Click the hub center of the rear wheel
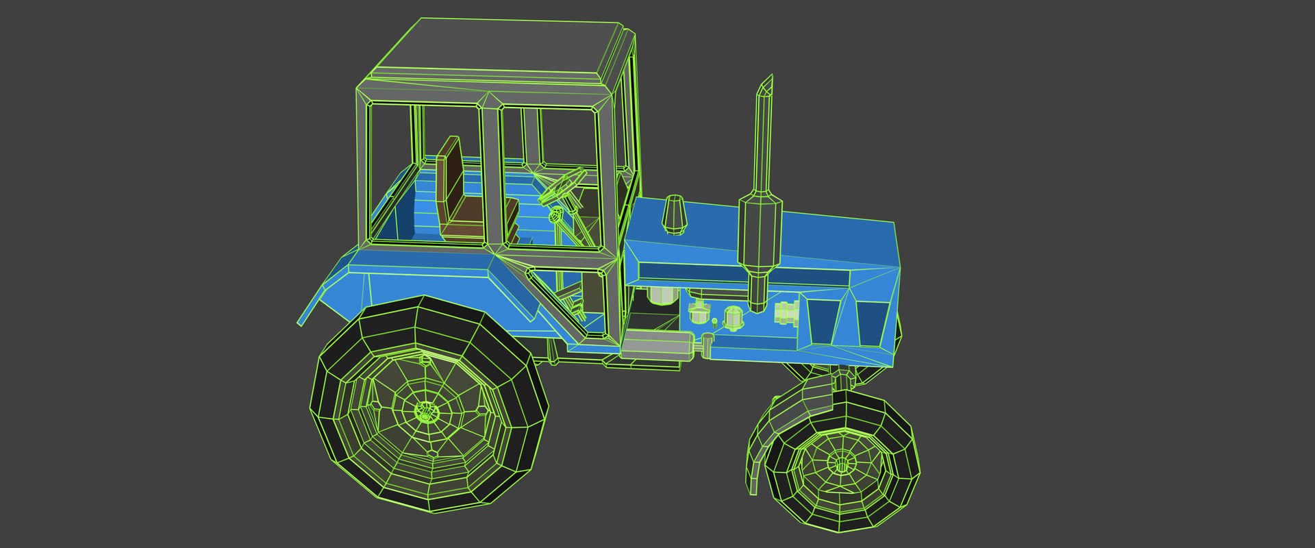[x=427, y=412]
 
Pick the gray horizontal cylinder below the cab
[x=656, y=345]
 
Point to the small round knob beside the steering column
[x=557, y=216]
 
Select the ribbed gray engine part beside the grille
[x=786, y=312]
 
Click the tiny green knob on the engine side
[x=714, y=321]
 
